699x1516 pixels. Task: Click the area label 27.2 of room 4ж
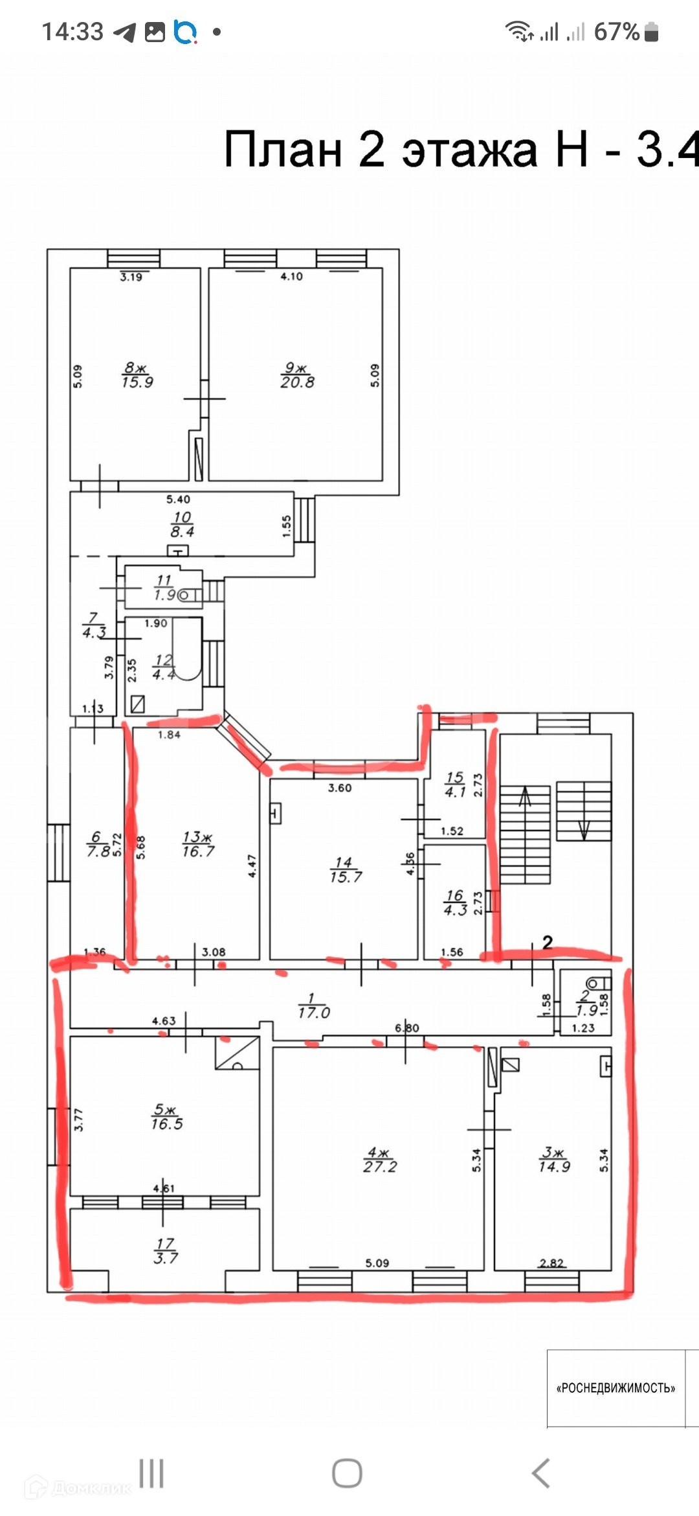click(380, 1167)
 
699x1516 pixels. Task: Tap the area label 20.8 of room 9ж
click(297, 382)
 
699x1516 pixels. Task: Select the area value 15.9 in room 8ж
click(137, 382)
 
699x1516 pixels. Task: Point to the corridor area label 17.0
click(314, 1013)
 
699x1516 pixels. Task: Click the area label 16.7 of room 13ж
click(198, 851)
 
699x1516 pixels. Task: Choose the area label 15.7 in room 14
click(346, 877)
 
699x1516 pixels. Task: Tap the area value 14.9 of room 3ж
click(555, 1166)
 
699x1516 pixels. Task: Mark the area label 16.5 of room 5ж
click(167, 1124)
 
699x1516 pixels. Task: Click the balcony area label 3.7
click(166, 1258)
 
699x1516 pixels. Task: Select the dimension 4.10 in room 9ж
click(291, 277)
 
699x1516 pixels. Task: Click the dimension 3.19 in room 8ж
click(131, 277)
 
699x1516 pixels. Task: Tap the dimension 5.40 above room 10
click(178, 500)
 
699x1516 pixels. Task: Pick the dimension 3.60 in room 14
click(340, 788)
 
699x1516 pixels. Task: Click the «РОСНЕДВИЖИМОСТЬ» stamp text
click(616, 1388)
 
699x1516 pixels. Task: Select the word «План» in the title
click(283, 150)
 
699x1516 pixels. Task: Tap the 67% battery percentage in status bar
click(616, 32)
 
